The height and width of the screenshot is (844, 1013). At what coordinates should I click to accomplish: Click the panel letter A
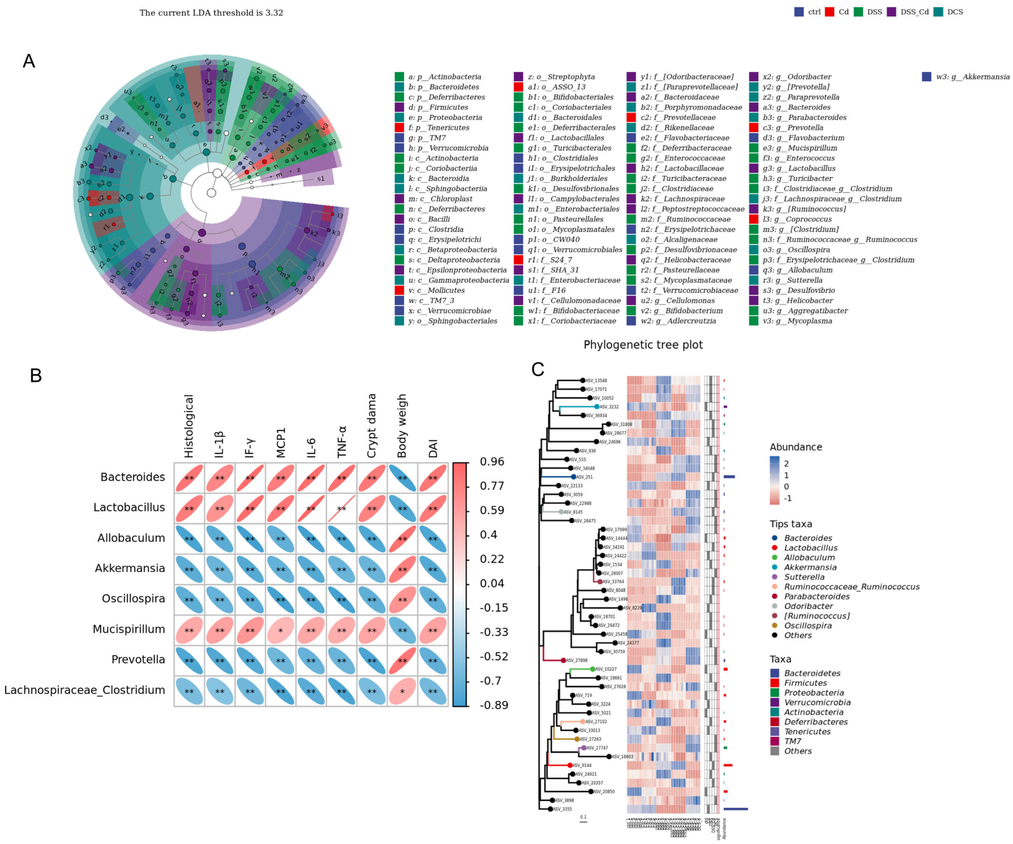point(29,61)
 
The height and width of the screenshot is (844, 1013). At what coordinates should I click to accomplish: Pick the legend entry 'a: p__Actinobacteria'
point(444,77)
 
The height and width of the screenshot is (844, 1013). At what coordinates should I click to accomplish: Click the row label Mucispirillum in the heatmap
point(129,629)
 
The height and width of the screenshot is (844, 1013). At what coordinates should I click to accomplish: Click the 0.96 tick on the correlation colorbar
point(492,462)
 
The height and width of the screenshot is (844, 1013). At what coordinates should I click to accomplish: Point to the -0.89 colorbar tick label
point(494,705)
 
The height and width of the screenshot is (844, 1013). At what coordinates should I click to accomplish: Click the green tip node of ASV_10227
point(593,669)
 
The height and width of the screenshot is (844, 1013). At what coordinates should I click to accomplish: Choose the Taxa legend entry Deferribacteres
point(815,722)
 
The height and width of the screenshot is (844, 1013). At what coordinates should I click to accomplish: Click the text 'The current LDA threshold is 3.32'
point(211,13)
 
